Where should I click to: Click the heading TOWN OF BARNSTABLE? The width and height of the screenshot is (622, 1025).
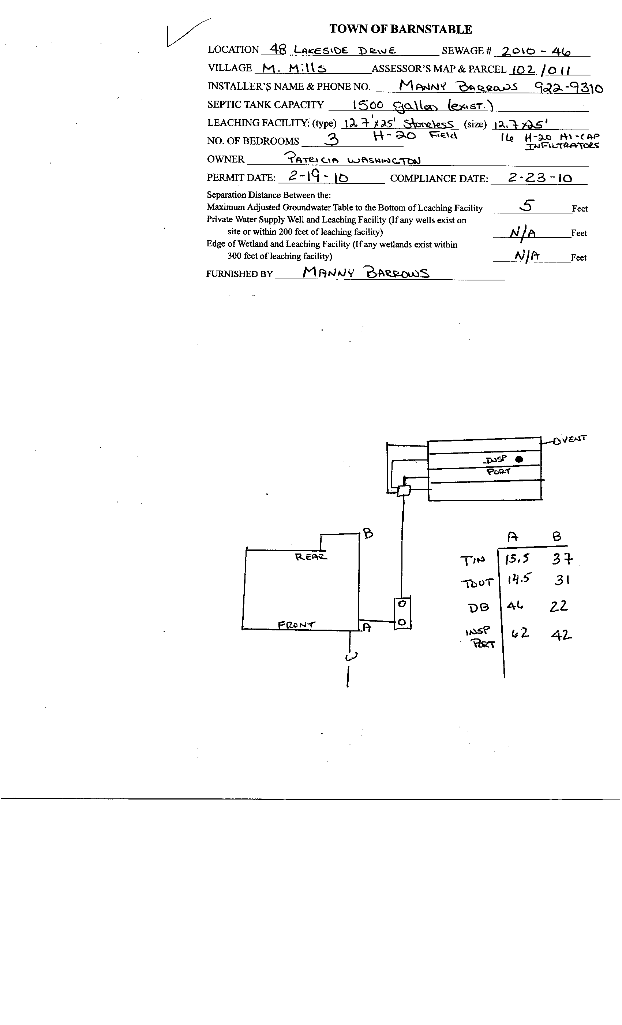400,29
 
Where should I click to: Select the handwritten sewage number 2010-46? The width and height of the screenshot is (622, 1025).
536,51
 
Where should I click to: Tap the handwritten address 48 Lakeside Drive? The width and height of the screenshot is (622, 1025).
332,50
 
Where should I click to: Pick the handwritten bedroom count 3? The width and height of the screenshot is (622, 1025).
331,139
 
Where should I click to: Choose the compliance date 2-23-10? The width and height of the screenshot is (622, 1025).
540,178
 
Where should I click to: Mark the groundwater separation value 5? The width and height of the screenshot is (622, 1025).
527,205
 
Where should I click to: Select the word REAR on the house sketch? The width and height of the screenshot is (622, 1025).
311,556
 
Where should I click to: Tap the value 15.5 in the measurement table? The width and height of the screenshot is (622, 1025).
517,559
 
